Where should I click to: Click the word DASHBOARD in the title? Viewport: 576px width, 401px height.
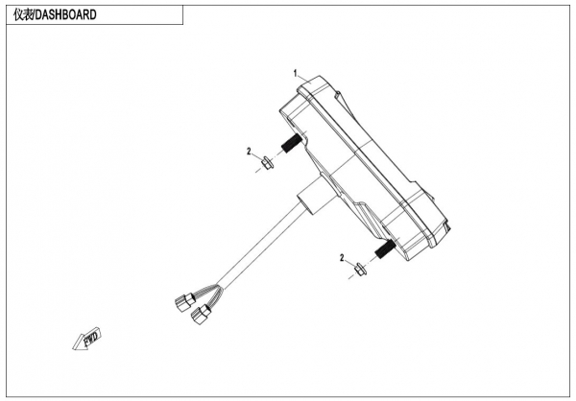click(x=65, y=14)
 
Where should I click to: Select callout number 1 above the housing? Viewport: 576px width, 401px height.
click(x=297, y=73)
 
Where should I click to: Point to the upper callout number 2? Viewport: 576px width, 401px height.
click(x=248, y=152)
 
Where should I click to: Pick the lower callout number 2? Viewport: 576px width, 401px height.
click(x=342, y=257)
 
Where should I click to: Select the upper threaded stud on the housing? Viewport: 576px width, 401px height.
click(x=289, y=148)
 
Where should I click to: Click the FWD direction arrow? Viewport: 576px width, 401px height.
click(x=84, y=339)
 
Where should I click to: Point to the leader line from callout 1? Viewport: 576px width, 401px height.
click(x=304, y=79)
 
